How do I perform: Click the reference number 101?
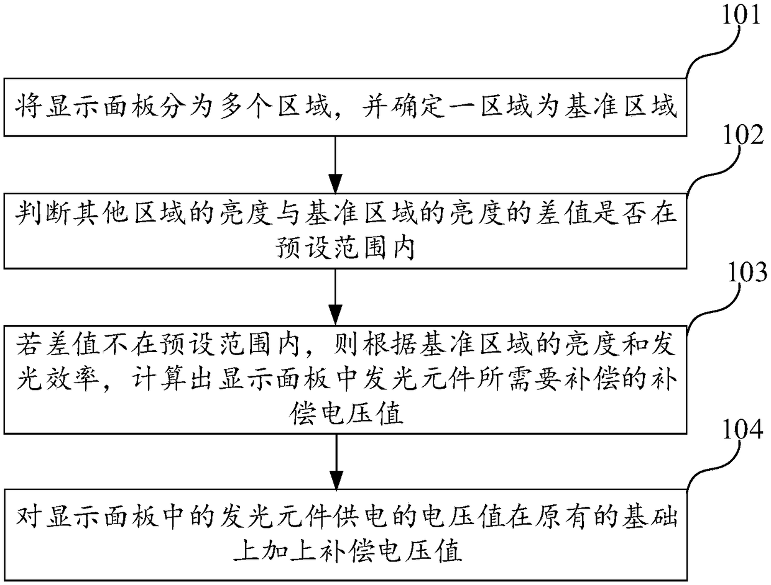pyautogui.click(x=741, y=14)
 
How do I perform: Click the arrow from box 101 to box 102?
pyautogui.click(x=335, y=165)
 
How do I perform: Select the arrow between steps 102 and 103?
pyautogui.click(x=335, y=297)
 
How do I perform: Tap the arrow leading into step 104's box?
pyautogui.click(x=336, y=462)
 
